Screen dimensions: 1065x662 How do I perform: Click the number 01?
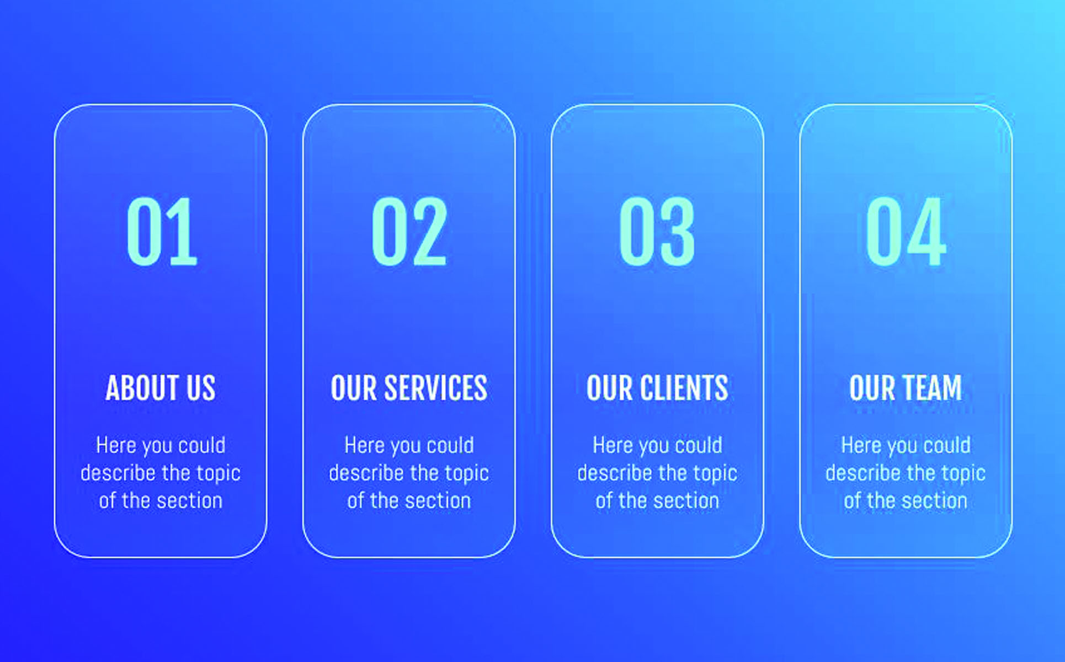(x=162, y=232)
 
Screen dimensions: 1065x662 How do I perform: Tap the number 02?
(x=409, y=232)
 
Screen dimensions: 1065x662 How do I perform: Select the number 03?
(x=657, y=232)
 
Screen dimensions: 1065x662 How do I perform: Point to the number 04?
(x=906, y=232)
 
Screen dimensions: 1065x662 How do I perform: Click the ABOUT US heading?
(x=161, y=388)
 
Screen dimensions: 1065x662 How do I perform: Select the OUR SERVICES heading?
(x=409, y=388)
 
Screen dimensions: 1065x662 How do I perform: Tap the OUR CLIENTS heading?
(x=657, y=388)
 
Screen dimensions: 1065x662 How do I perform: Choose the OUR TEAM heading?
(x=906, y=388)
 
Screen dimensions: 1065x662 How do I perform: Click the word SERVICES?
(x=436, y=388)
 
